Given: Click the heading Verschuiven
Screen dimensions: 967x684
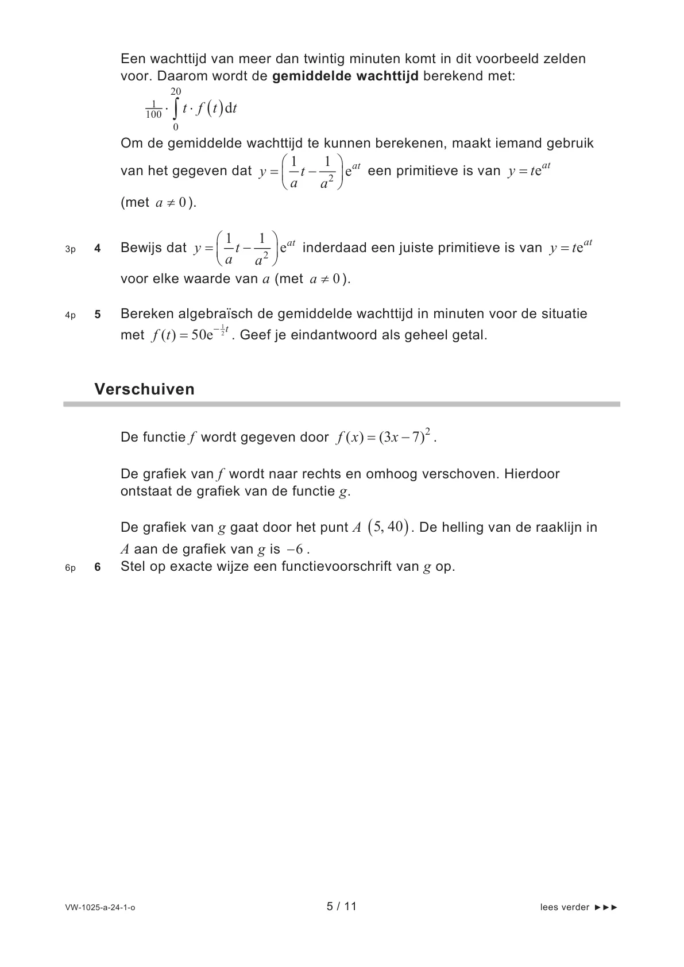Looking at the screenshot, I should point(144,389).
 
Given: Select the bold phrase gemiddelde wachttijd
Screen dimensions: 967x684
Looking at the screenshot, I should point(345,76).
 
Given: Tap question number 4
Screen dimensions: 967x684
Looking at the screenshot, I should point(98,249).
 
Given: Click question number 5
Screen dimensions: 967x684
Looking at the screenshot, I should point(98,315).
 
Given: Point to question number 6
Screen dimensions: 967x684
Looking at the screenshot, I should point(98,567).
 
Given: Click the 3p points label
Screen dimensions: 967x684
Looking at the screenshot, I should point(70,250).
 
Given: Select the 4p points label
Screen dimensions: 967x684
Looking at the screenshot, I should point(70,315).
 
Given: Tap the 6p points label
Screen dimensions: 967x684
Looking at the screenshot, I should point(70,568).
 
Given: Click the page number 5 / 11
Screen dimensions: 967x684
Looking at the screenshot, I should point(342,906).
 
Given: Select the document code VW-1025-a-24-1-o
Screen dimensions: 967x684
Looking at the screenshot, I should point(101,907).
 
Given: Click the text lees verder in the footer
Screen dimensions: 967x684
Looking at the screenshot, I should point(565,907).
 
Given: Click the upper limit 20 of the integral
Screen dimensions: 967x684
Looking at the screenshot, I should point(176,92).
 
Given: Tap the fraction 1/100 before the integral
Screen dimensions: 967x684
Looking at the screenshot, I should point(153,110).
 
